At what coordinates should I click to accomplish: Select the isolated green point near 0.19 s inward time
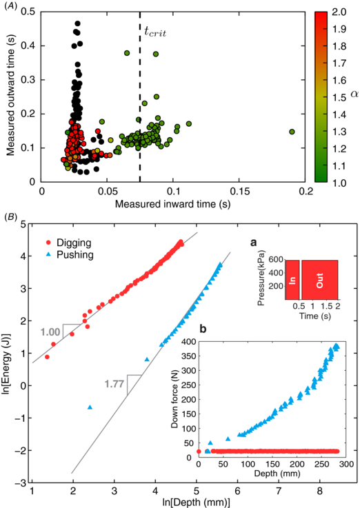click(292, 132)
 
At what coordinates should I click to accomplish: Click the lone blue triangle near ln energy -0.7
click(90, 407)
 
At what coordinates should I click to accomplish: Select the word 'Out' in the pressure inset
click(319, 281)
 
